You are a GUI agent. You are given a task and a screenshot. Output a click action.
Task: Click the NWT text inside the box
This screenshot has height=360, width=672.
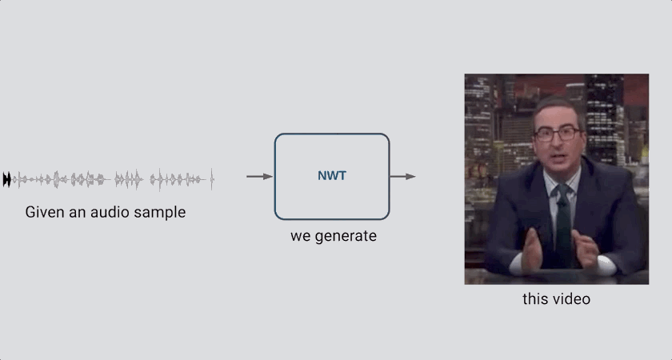332,176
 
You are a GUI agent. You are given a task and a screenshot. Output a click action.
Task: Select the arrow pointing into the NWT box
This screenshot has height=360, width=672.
259,176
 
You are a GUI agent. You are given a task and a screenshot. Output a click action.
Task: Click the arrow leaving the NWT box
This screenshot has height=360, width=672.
403,176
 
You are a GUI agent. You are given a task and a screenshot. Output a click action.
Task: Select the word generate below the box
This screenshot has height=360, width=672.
346,236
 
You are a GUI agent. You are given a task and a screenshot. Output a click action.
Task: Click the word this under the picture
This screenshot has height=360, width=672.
535,298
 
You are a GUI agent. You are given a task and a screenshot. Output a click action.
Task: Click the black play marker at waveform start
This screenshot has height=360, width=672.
6,179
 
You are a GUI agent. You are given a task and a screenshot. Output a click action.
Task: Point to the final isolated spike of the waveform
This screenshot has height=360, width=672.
212,179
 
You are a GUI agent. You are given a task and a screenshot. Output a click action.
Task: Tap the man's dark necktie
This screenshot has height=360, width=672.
563,222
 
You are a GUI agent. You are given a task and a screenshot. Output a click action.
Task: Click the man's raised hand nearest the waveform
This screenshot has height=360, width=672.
532,250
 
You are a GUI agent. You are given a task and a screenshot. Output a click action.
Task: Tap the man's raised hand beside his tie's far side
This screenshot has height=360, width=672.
586,250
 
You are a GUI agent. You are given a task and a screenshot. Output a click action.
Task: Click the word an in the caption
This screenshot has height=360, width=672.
78,214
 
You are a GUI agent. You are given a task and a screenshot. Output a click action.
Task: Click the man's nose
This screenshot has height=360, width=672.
556,143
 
